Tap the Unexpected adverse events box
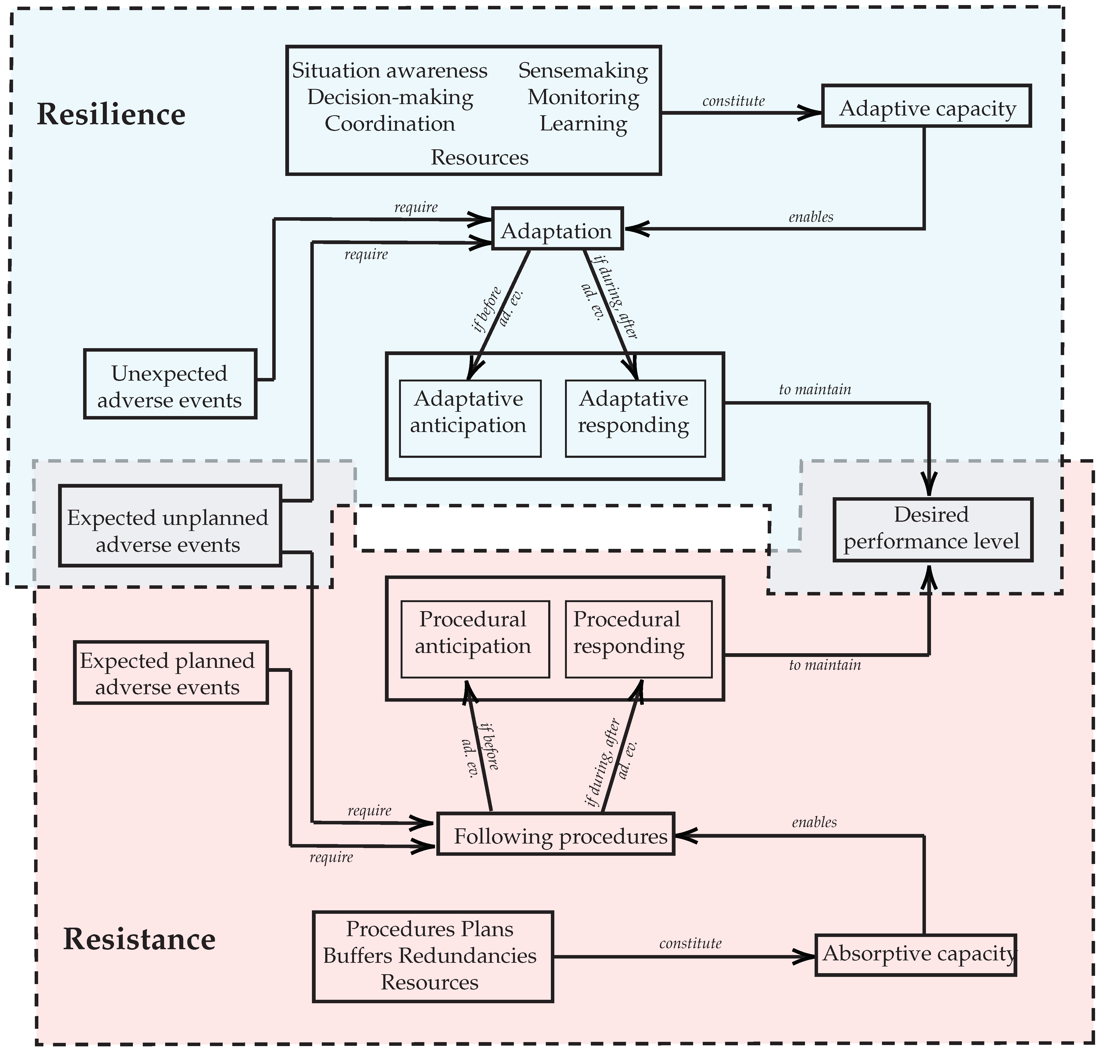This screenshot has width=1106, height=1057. point(170,384)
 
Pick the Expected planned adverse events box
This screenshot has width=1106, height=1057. point(170,673)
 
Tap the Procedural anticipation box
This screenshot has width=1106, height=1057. point(475,639)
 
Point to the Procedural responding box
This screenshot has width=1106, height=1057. point(638,639)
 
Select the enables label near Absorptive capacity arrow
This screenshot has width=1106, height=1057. point(814,822)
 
